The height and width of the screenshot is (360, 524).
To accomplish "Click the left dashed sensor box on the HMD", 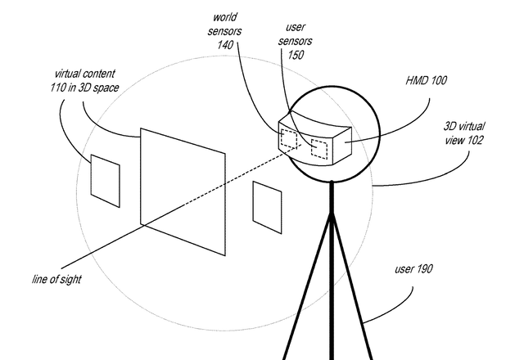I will (x=287, y=138).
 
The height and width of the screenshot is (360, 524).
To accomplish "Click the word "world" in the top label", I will (x=226, y=16).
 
